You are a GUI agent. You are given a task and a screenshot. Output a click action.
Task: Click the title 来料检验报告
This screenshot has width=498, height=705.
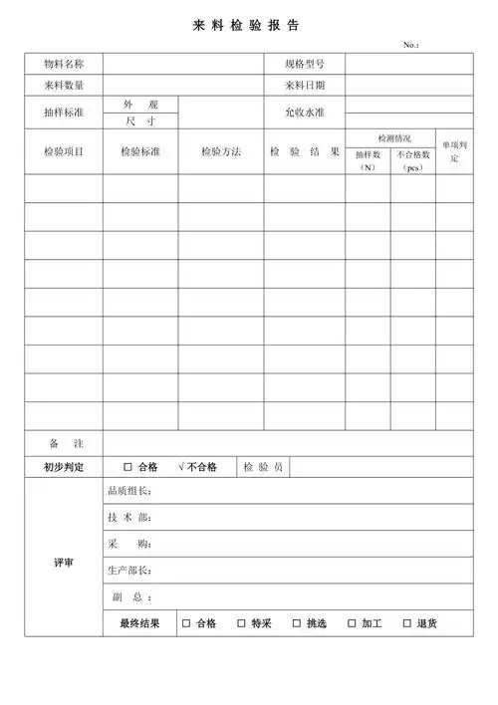pyautogui.click(x=245, y=25)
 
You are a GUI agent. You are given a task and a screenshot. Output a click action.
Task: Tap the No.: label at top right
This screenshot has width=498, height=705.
pyautogui.click(x=411, y=45)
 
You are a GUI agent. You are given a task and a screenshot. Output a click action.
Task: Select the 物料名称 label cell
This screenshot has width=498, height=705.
pyautogui.click(x=64, y=64)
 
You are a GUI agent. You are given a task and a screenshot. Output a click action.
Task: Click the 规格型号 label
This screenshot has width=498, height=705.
pyautogui.click(x=305, y=64)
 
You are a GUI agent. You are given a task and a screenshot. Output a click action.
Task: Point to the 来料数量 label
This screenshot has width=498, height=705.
pyautogui.click(x=64, y=86)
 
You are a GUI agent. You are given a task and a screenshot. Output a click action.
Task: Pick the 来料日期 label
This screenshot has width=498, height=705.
pyautogui.click(x=305, y=86)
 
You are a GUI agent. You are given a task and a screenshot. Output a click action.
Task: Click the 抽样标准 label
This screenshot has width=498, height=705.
pyautogui.click(x=64, y=113)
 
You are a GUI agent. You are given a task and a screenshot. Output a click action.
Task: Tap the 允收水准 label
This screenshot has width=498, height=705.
pyautogui.click(x=305, y=113)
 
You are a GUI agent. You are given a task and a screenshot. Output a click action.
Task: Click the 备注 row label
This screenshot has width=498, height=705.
pyautogui.click(x=64, y=442)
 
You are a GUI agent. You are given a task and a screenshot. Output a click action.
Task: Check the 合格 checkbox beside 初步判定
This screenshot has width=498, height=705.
pyautogui.click(x=127, y=467)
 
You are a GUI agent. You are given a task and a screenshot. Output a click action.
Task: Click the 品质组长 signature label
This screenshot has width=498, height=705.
pyautogui.click(x=128, y=491)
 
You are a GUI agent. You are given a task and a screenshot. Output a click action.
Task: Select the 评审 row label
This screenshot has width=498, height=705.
pyautogui.click(x=64, y=563)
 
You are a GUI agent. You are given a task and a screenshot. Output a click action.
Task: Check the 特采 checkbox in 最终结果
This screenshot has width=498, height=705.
pyautogui.click(x=241, y=623)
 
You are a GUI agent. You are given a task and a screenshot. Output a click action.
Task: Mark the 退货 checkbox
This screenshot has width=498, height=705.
pyautogui.click(x=407, y=623)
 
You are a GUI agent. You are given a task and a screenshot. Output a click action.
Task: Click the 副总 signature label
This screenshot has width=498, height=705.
pyautogui.click(x=128, y=597)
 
